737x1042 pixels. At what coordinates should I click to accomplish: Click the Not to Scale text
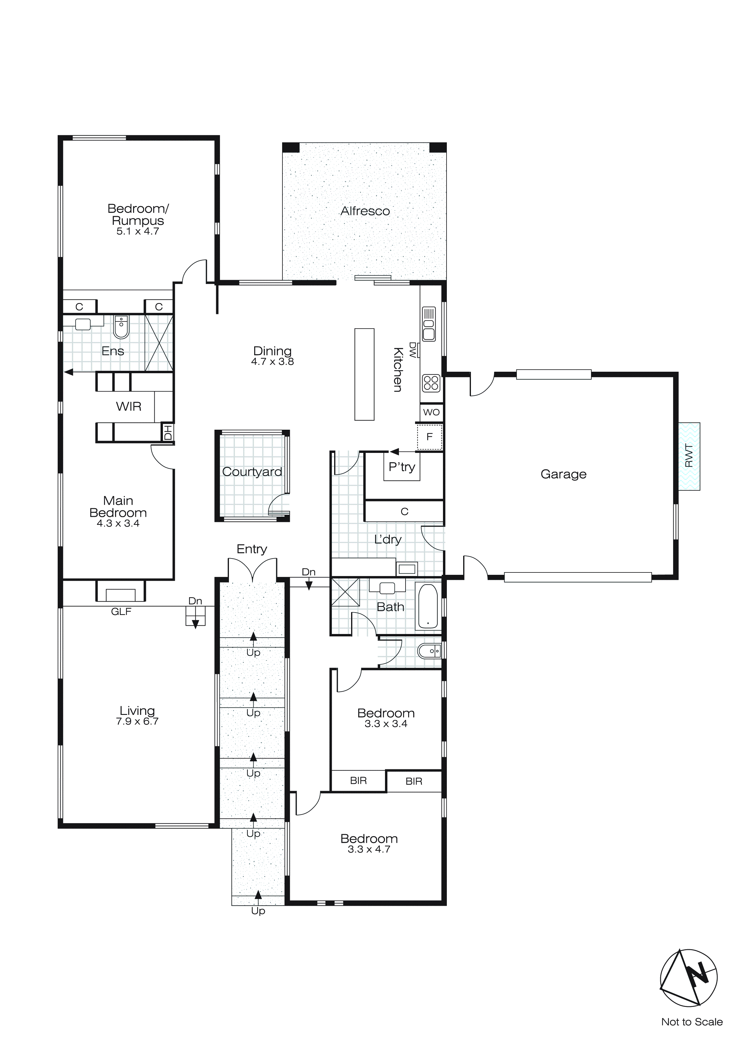coord(692,1021)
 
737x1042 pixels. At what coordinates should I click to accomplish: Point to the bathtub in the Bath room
coord(428,606)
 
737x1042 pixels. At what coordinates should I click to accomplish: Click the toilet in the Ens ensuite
coord(121,327)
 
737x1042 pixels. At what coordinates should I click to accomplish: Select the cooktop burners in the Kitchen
coord(431,383)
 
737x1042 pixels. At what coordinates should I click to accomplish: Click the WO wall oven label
coord(431,412)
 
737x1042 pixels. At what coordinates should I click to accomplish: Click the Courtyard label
coord(252,472)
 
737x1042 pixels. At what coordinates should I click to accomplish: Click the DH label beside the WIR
coord(168,432)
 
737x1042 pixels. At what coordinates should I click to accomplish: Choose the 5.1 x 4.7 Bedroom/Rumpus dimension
coord(138,231)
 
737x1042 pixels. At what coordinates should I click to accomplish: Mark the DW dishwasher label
coord(413,350)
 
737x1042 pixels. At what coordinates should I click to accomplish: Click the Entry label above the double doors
coord(252,549)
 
